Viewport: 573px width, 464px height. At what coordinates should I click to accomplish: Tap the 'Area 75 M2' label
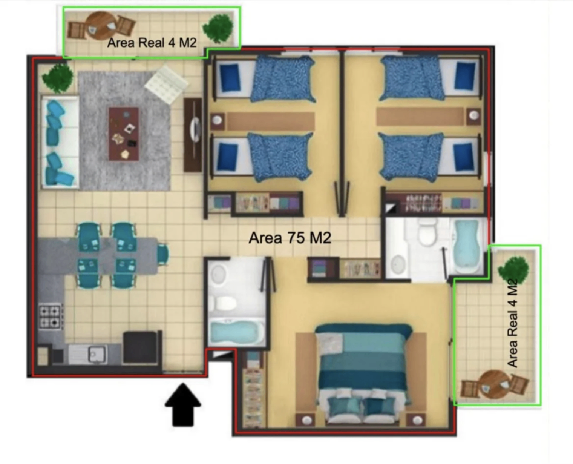coord(290,238)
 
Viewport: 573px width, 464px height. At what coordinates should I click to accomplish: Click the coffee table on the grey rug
coord(124,134)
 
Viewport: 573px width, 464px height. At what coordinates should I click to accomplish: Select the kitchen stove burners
coord(50,316)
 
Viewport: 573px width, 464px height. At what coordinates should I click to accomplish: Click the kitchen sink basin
coord(96,355)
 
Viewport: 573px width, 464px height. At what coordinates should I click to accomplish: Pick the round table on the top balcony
coord(101,26)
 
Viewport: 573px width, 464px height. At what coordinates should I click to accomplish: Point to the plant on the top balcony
coord(218,29)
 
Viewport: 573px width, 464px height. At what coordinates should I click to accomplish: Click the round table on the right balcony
coord(495,385)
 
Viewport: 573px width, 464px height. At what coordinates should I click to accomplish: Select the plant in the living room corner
coord(58,78)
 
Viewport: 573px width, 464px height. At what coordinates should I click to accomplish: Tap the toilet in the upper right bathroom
coord(427,232)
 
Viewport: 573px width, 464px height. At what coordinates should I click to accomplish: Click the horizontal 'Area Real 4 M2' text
coord(152,43)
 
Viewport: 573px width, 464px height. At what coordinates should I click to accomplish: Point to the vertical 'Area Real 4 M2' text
coord(512,323)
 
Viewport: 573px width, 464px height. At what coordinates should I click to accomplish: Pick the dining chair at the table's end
coord(163,254)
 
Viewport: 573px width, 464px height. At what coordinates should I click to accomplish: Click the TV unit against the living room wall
coord(193,135)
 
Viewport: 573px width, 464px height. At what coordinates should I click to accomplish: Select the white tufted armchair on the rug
coord(166,84)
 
